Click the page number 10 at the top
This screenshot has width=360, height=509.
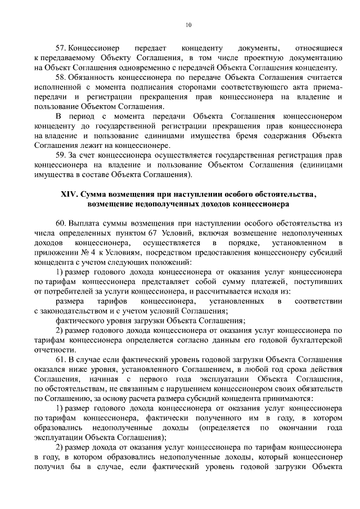click(188, 25)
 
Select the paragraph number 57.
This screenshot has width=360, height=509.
click(60, 48)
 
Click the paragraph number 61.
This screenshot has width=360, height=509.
click(60, 359)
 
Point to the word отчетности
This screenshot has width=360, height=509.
click(53, 350)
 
